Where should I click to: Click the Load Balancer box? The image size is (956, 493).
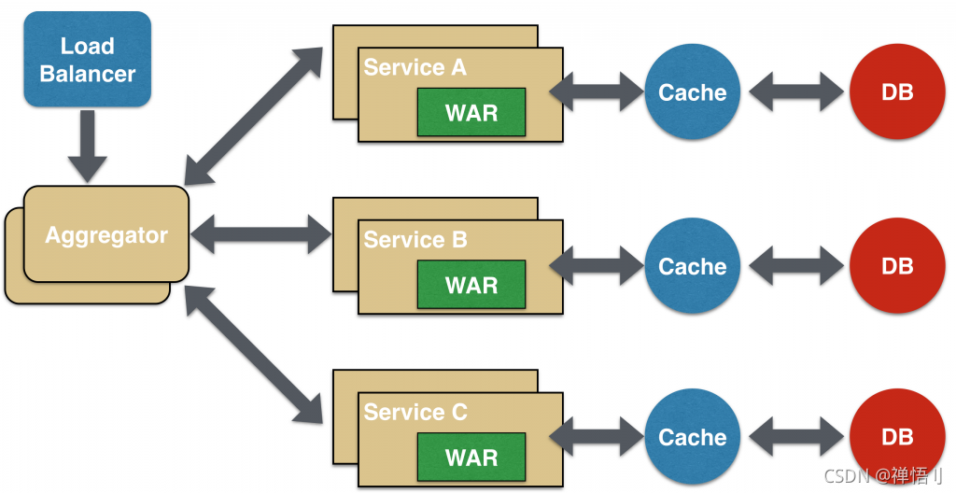point(87,59)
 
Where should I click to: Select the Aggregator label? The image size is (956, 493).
point(106,235)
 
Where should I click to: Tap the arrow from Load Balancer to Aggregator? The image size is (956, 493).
point(87,147)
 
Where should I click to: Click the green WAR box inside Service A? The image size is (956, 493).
point(471,112)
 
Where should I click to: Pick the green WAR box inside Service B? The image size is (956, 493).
point(471,285)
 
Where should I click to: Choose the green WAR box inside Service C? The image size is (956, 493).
point(471,457)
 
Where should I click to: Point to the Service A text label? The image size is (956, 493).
point(415,67)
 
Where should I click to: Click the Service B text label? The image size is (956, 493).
point(415,239)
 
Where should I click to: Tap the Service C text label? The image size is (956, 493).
point(415,412)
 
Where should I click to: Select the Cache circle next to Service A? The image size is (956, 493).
point(693,92)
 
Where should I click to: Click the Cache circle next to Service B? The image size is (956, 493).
point(693,266)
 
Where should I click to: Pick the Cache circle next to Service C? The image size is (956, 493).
point(693,437)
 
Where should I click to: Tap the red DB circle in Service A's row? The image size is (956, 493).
point(897,92)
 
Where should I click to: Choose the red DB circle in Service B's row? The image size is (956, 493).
point(897,266)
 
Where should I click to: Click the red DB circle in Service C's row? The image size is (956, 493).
point(897,437)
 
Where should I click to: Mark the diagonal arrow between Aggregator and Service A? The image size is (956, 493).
point(253,116)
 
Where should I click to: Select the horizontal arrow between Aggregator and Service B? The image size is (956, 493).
point(261,234)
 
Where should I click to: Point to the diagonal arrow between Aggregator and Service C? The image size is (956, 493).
point(253,355)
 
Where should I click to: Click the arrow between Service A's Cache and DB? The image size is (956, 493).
point(795,92)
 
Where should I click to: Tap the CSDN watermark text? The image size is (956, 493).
point(883,475)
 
